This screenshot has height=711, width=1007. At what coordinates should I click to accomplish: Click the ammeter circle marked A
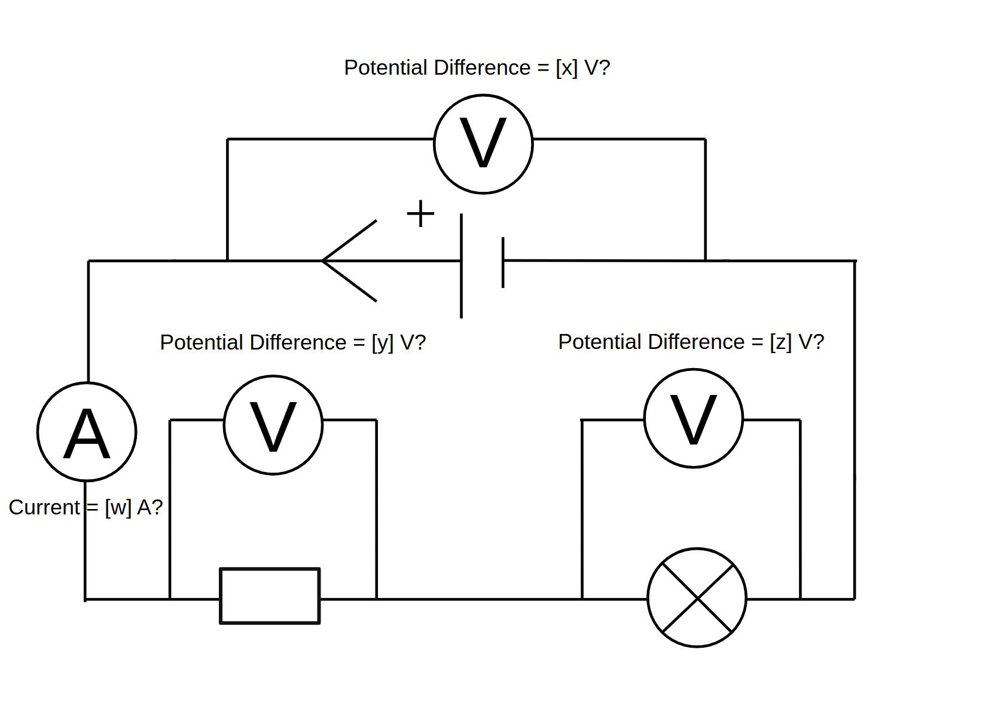(x=87, y=431)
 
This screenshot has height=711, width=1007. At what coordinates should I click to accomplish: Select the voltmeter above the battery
(x=483, y=144)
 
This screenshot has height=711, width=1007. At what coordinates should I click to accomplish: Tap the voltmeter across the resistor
(x=273, y=425)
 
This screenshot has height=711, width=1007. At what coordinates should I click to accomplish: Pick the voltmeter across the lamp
(x=694, y=419)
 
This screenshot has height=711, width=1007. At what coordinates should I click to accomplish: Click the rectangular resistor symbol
(x=270, y=596)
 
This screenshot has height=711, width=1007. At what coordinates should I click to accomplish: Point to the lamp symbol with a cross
(x=697, y=597)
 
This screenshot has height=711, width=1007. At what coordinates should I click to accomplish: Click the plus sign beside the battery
(x=420, y=214)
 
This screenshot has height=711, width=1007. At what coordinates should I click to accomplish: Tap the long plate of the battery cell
(x=461, y=266)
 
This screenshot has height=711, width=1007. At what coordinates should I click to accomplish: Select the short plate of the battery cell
(x=503, y=262)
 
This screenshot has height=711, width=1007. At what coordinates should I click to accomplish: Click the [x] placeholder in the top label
(x=566, y=68)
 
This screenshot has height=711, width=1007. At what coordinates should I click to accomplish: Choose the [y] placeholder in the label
(x=382, y=342)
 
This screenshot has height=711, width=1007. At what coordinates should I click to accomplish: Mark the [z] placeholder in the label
(x=780, y=342)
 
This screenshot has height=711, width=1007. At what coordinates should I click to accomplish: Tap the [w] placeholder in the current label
(x=118, y=507)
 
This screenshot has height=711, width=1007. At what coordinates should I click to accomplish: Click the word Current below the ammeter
(x=44, y=507)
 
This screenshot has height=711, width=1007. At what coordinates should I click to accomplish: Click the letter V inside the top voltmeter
(x=483, y=143)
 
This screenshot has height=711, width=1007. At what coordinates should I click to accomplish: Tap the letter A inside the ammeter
(x=87, y=434)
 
